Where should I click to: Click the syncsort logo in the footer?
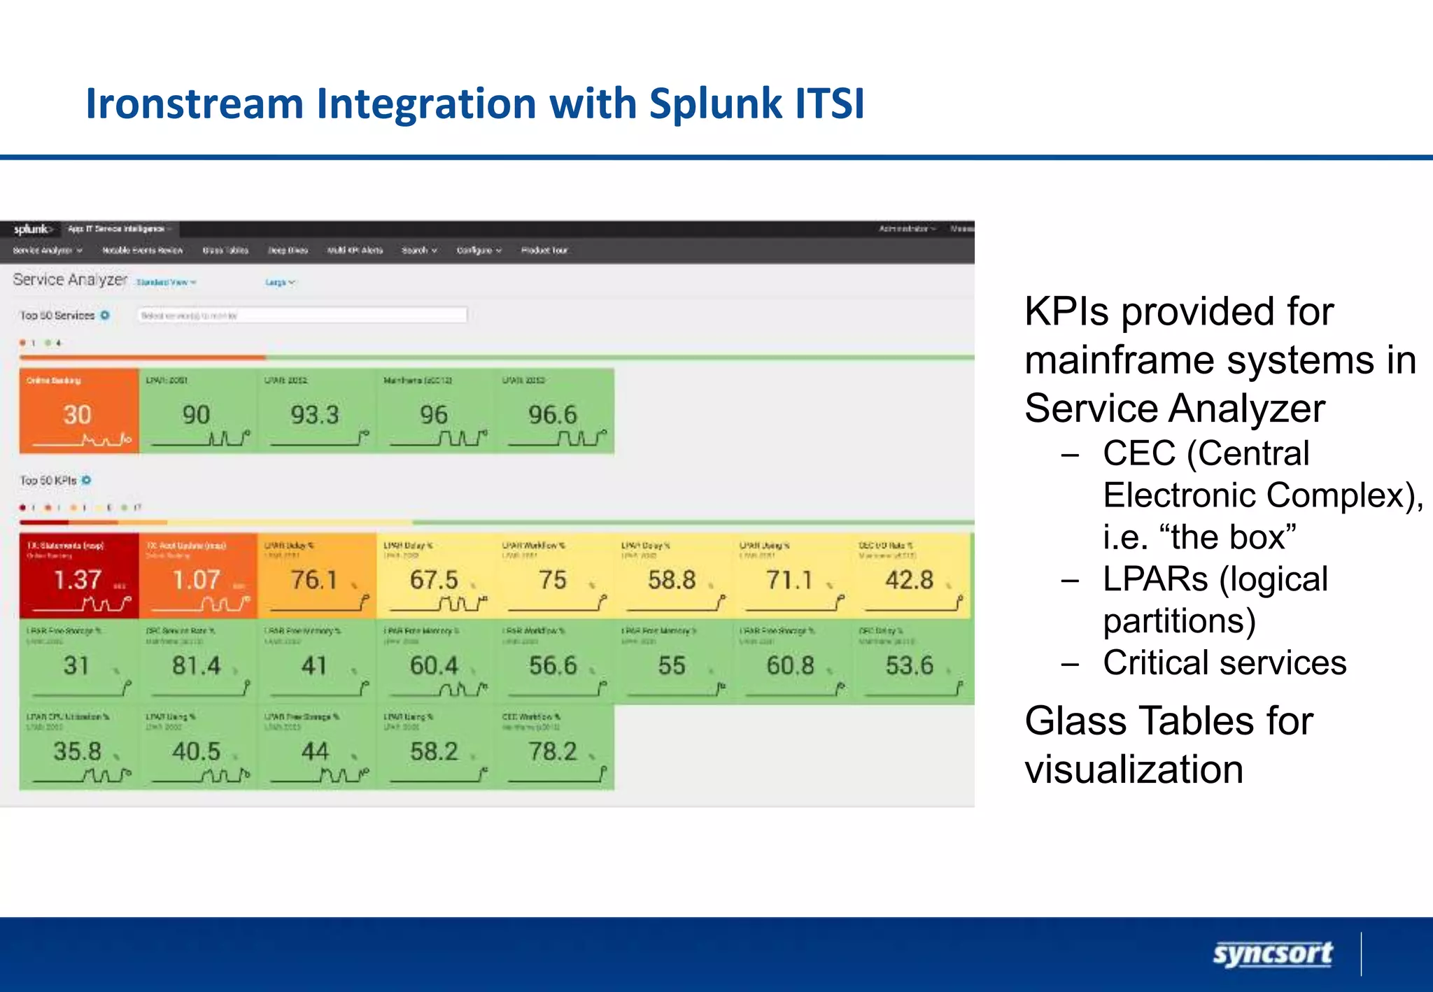pyautogui.click(x=1272, y=954)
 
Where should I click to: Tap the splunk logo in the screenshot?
pyautogui.click(x=31, y=229)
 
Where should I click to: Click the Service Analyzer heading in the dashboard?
pyautogui.click(x=70, y=280)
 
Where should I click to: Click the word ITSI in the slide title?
pyautogui.click(x=829, y=104)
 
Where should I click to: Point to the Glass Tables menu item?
pyautogui.click(x=225, y=250)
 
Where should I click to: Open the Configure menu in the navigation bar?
pyautogui.click(x=479, y=250)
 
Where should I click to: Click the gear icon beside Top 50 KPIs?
pyautogui.click(x=87, y=480)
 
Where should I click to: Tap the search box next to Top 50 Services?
pyautogui.click(x=302, y=316)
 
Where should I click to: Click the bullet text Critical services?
pyautogui.click(x=1224, y=662)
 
